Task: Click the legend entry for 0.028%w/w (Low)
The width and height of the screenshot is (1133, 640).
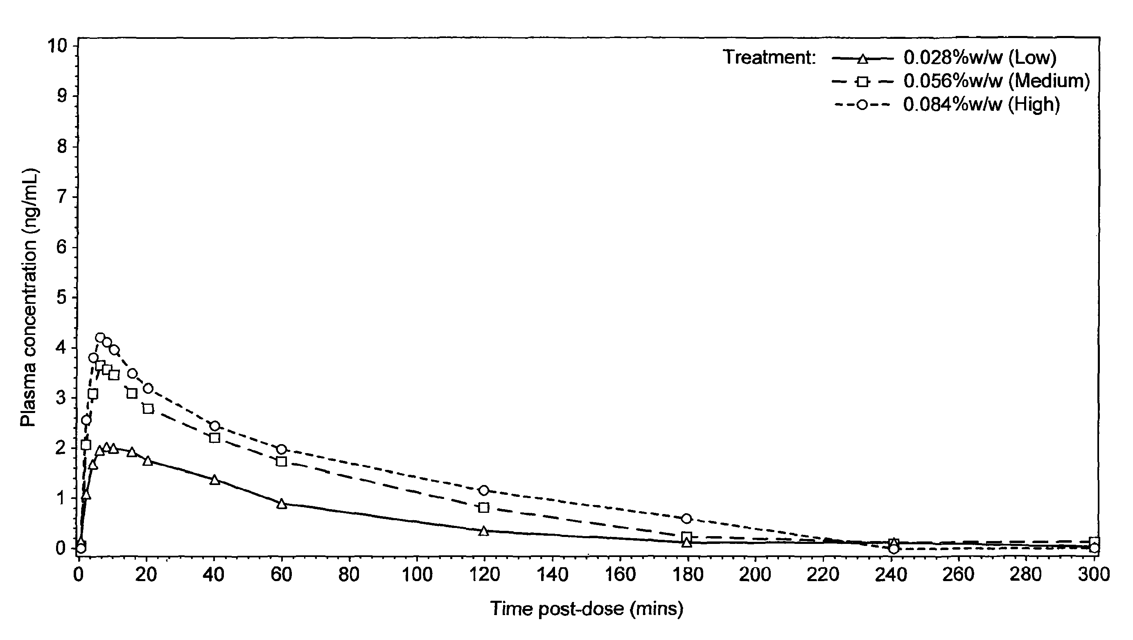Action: (x=980, y=58)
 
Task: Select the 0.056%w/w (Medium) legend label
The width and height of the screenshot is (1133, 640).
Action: (x=997, y=81)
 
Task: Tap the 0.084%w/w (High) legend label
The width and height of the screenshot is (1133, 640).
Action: (x=981, y=105)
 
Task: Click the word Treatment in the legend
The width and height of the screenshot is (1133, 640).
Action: (x=769, y=58)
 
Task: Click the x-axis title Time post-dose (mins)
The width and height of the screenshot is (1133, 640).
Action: (x=587, y=609)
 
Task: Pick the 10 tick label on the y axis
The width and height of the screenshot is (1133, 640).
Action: (x=57, y=46)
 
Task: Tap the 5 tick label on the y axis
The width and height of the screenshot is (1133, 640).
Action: (x=61, y=298)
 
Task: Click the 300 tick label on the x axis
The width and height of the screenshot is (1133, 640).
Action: (x=1094, y=575)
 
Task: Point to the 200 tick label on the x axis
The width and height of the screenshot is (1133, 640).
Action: (x=755, y=575)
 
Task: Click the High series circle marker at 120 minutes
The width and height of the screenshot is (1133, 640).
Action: (x=484, y=490)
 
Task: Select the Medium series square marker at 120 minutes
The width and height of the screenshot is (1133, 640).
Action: (x=484, y=508)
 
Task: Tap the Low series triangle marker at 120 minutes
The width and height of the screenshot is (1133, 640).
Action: (x=484, y=531)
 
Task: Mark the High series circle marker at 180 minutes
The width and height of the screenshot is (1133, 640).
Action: (x=686, y=519)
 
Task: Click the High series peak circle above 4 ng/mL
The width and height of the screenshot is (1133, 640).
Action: (x=100, y=337)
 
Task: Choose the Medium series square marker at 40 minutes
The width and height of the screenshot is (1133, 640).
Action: (x=214, y=438)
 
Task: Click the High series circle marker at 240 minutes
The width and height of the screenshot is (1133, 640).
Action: (x=893, y=548)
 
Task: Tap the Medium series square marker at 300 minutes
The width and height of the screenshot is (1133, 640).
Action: (x=1094, y=541)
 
